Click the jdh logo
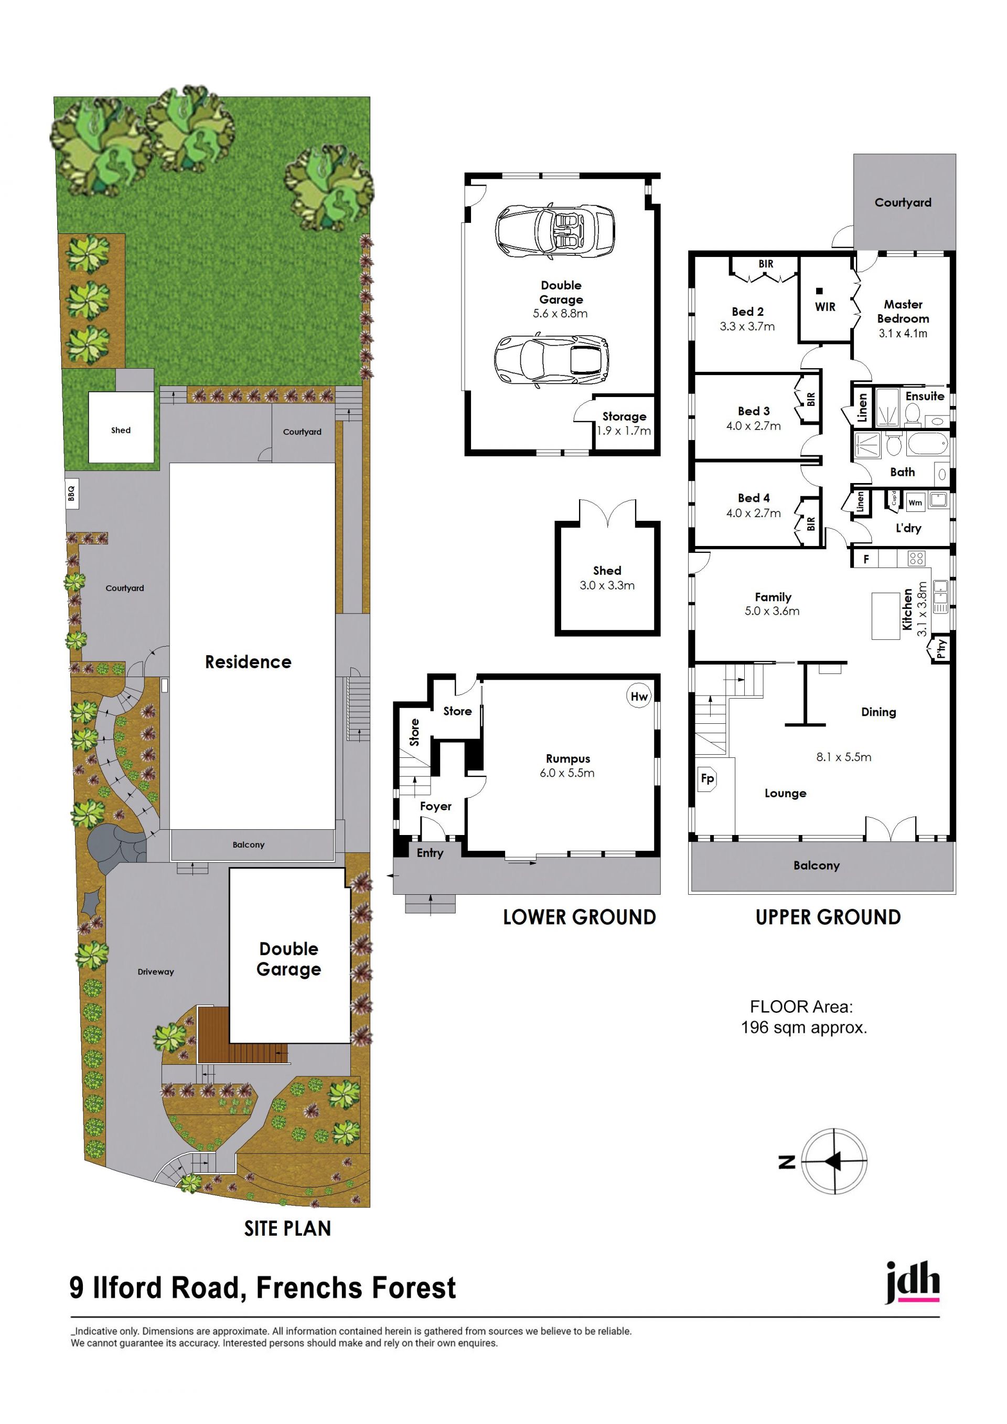pos(912,1282)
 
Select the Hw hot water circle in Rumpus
pos(639,697)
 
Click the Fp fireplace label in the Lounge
pos(708,778)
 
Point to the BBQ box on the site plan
pos(71,493)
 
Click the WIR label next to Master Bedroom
pos(824,307)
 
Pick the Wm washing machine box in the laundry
pos(915,502)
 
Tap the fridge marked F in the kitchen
pos(866,559)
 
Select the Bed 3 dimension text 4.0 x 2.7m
pos(753,426)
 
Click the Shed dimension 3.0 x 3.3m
pos(607,585)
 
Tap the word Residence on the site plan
pos(248,662)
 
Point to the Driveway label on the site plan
pos(156,972)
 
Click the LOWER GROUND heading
pos(579,917)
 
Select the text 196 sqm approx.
pos(804,1027)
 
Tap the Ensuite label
pos(925,395)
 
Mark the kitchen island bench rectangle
pos(885,616)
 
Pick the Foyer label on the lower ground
pos(435,806)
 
